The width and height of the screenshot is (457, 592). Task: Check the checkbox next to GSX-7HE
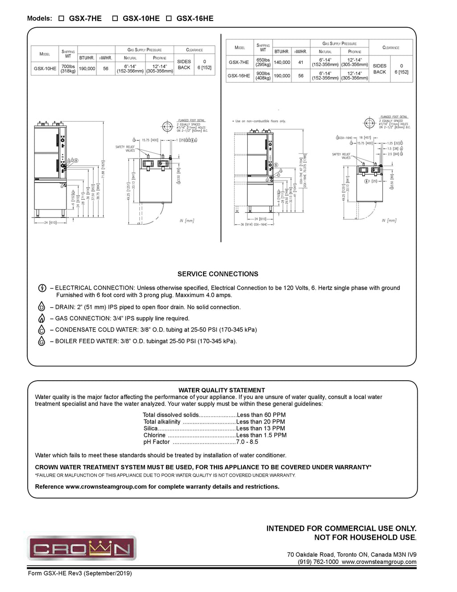click(61, 19)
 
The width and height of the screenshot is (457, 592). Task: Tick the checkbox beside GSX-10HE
click(115, 19)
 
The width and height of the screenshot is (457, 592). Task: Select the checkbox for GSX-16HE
click(169, 19)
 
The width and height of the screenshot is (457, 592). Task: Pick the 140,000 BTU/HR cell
click(282, 63)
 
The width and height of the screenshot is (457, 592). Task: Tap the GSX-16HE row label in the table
click(239, 76)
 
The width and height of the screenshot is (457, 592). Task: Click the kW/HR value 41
click(301, 63)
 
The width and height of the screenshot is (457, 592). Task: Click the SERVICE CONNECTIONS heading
click(218, 274)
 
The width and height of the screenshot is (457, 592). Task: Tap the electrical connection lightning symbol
click(42, 288)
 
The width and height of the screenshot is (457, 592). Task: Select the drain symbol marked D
click(42, 307)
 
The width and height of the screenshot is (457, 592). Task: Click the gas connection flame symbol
click(42, 319)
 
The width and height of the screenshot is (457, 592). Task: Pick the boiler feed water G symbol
click(42, 341)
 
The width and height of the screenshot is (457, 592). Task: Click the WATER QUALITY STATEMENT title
click(222, 390)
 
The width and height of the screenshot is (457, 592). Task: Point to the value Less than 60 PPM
click(261, 415)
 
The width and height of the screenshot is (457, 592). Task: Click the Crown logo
click(82, 548)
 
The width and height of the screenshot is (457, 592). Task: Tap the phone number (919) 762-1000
click(318, 562)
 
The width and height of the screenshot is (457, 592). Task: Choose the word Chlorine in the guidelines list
click(154, 435)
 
